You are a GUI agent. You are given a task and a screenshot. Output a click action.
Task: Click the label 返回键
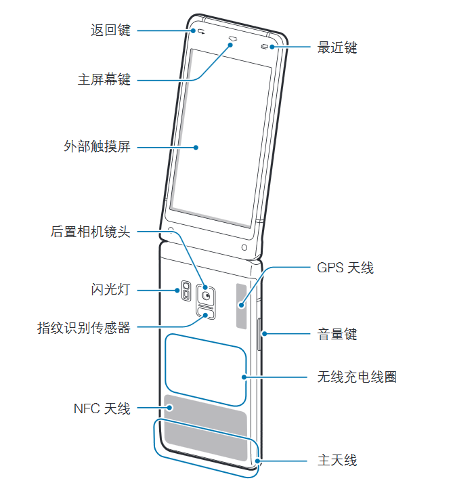coord(110,30)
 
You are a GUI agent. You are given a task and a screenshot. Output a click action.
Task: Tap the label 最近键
coord(337,47)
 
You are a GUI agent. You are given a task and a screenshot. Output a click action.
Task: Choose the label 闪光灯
coord(110,290)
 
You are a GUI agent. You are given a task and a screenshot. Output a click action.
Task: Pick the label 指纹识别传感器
coord(84,329)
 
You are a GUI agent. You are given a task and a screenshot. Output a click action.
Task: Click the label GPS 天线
coord(345,268)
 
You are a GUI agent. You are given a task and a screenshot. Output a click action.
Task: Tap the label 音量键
coord(337,334)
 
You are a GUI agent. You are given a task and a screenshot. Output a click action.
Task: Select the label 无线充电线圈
coord(357,377)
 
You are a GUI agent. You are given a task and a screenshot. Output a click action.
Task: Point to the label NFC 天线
coord(102,408)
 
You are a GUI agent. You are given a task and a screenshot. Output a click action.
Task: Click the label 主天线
coord(337,461)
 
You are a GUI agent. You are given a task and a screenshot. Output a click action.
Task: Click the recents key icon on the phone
coord(264,47)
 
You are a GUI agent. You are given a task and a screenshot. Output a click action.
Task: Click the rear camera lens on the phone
coord(205,294)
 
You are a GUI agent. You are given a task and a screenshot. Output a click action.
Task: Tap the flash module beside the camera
coord(186,291)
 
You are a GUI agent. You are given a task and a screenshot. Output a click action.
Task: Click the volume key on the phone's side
coord(259,333)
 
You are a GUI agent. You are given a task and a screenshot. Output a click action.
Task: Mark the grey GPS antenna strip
coord(241,305)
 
